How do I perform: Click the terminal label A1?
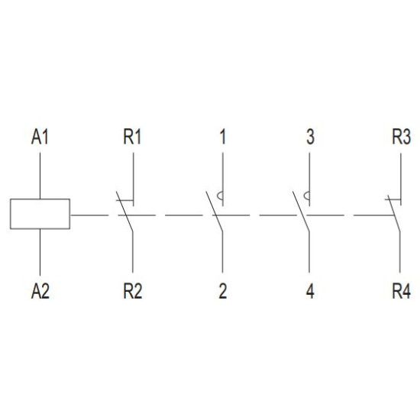coord(40,137)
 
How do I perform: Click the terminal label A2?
coord(40,291)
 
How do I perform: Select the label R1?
coord(132,137)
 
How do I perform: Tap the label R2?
coord(133,291)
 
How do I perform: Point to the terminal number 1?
coord(222,137)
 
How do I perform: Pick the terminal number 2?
coord(223,291)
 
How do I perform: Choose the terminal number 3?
coord(310,137)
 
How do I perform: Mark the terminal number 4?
coord(310,291)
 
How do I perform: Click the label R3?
coord(401,137)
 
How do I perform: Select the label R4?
coord(401,291)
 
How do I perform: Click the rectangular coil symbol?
coord(40,214)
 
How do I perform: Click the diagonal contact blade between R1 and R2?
coord(124,212)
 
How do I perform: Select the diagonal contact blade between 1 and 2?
coord(215,212)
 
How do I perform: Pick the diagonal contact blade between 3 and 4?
coord(301,212)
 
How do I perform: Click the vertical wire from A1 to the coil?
coord(40,176)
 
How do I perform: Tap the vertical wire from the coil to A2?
coord(40,252)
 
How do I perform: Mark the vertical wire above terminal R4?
coord(400,252)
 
